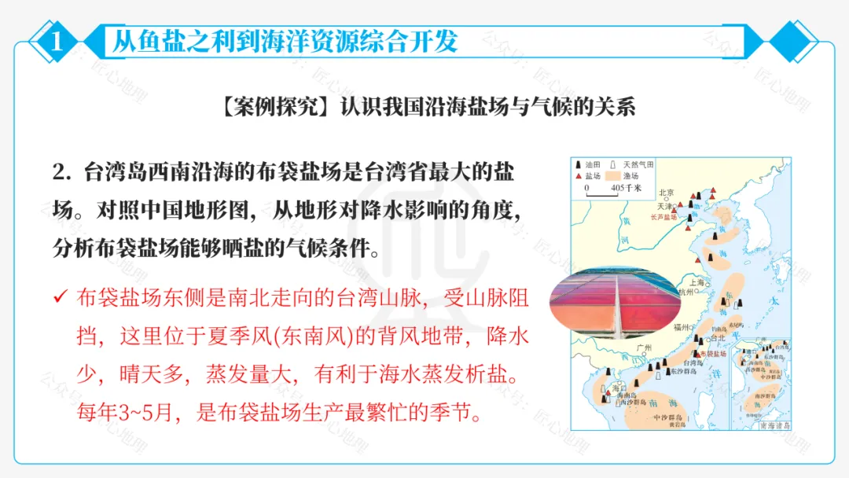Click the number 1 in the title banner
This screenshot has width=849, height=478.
tap(57, 41)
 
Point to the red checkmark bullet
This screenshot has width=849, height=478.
tap(60, 298)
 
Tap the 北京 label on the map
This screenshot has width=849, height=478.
tap(667, 193)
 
